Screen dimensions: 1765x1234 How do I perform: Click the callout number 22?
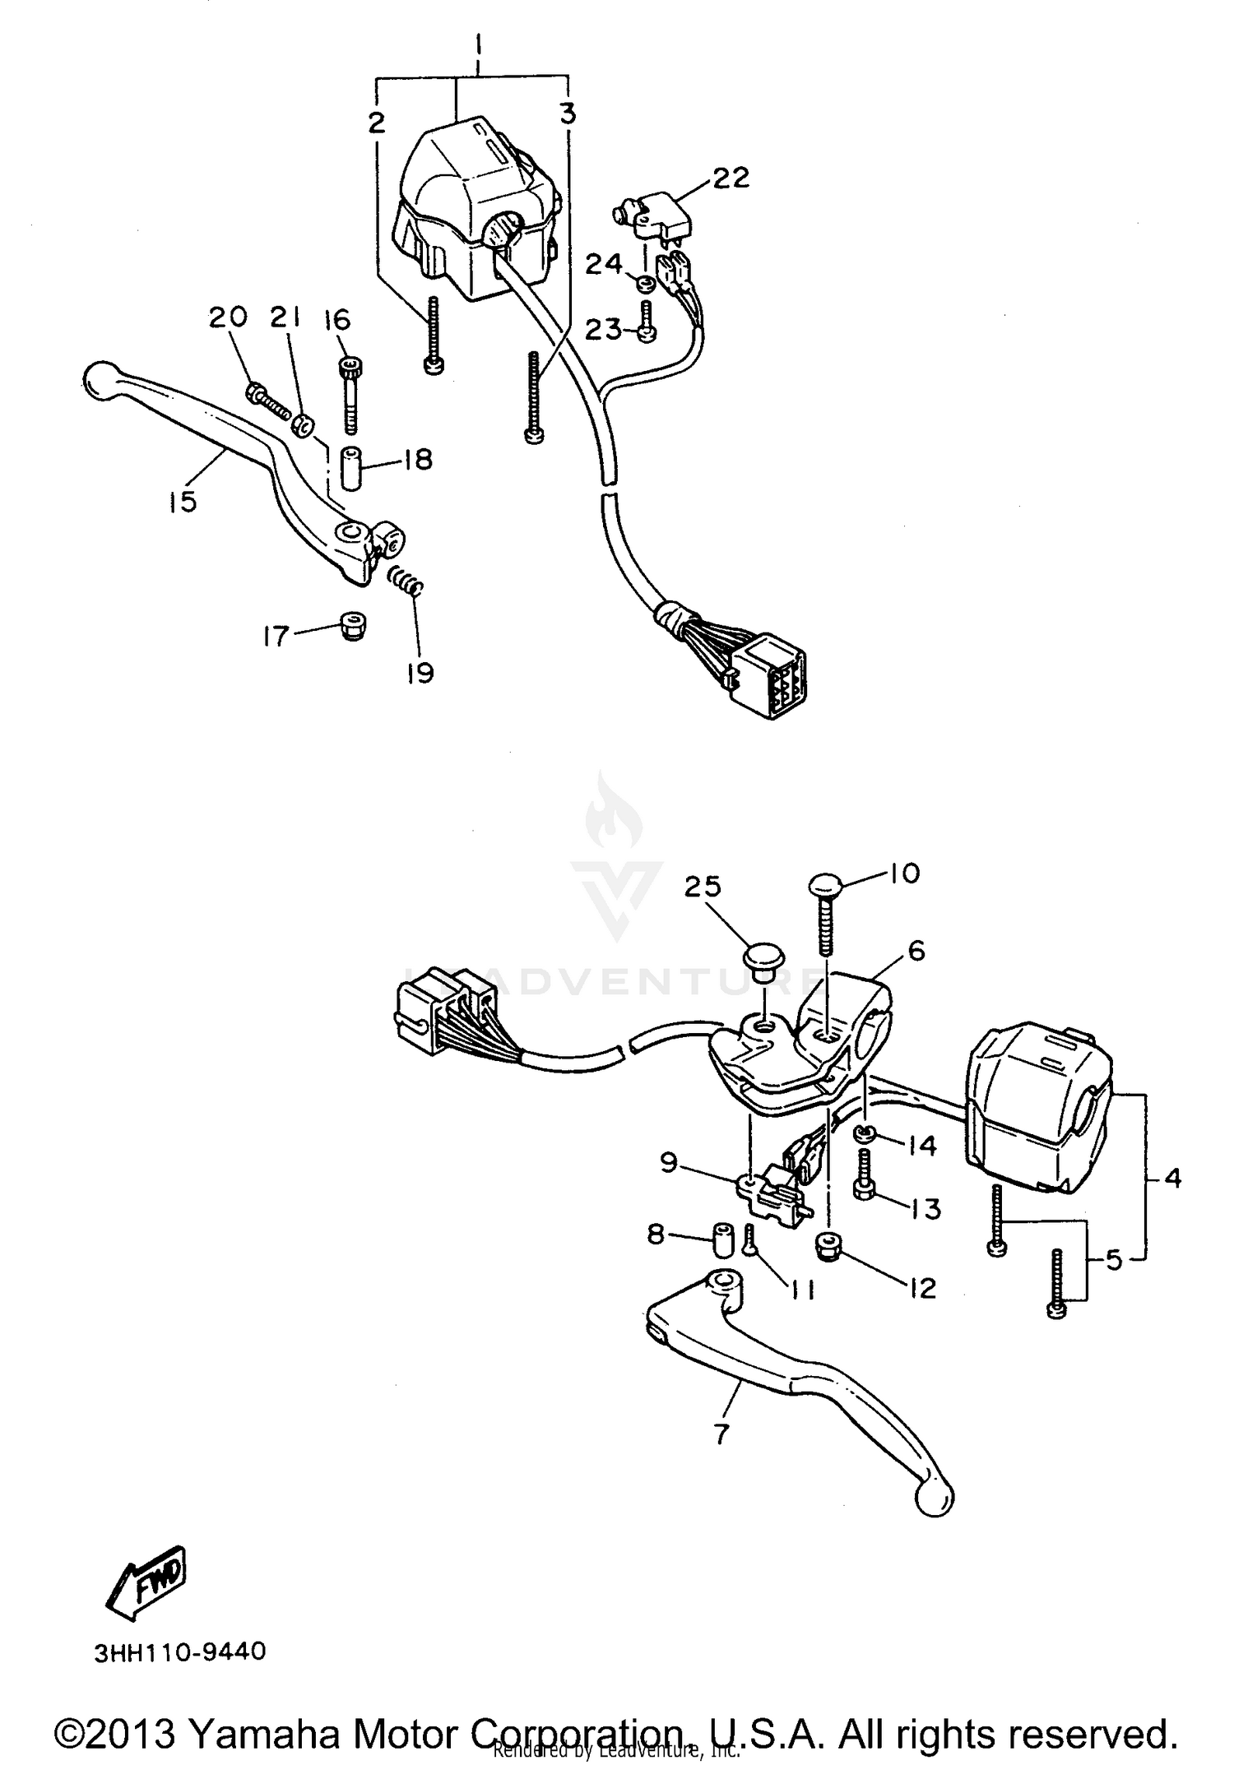tap(731, 177)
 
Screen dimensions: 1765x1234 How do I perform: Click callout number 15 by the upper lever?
tap(183, 501)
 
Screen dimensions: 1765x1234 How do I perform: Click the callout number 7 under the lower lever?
tap(721, 1434)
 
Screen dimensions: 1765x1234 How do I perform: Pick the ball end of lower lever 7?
tap(935, 1498)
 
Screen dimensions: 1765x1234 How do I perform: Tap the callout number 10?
tap(905, 873)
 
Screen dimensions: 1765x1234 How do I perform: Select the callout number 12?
tap(922, 1288)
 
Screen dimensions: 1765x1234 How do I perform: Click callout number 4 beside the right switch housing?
tap(1173, 1179)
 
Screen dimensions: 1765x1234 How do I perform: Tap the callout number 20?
tap(227, 317)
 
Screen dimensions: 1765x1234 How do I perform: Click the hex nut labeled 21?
tap(304, 426)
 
